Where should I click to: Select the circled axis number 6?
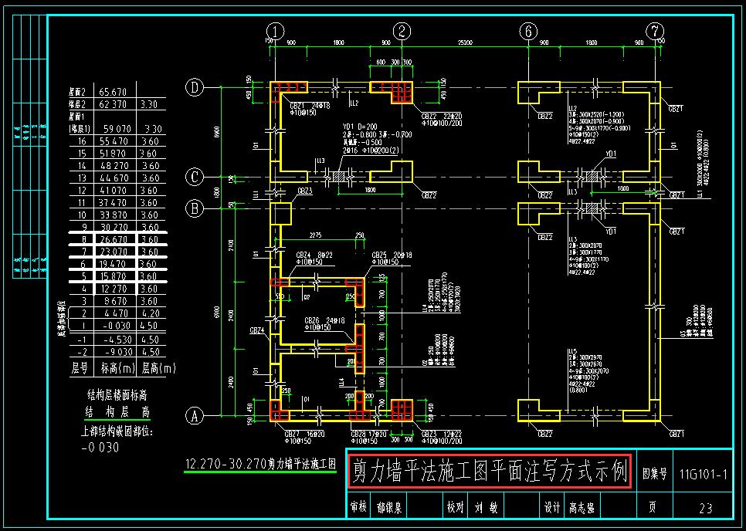point(528,32)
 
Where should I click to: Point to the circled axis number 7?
point(655,32)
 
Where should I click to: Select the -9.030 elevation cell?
point(114,351)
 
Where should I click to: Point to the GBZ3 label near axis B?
point(303,191)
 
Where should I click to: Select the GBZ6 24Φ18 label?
point(320,320)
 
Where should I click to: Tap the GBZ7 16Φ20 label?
point(300,435)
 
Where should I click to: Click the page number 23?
point(705,508)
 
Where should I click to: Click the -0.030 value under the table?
point(100,447)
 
